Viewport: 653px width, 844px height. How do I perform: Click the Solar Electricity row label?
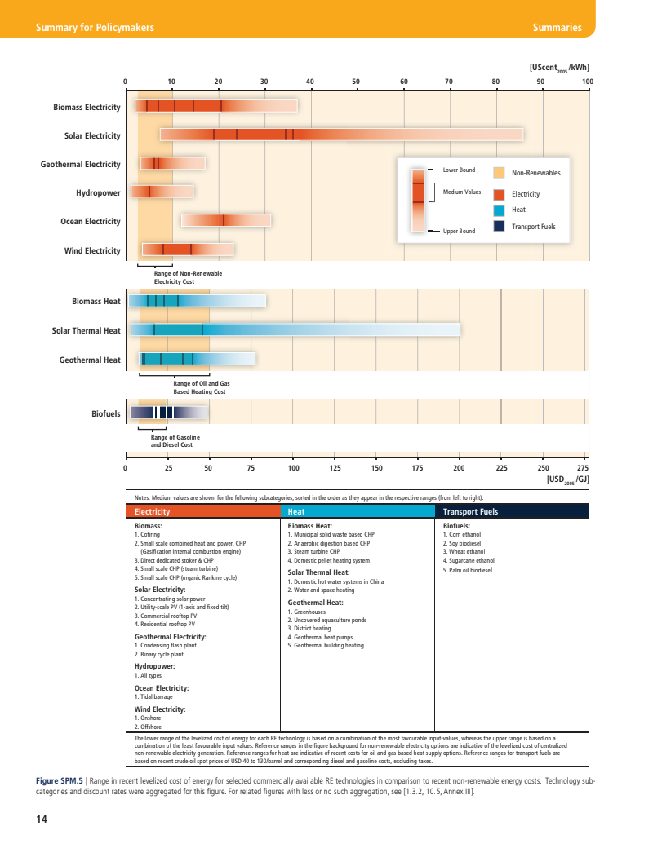(x=92, y=136)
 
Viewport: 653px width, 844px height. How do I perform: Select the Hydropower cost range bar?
(x=163, y=192)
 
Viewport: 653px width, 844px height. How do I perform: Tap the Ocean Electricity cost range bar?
(x=226, y=220)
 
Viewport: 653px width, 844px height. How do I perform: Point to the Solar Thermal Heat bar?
(x=295, y=329)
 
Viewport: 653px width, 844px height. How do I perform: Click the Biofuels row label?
(x=106, y=414)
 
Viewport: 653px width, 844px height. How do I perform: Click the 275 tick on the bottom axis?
(x=582, y=469)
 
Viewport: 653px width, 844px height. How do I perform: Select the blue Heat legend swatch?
(x=500, y=210)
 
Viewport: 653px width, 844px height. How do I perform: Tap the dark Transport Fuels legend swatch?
(x=500, y=226)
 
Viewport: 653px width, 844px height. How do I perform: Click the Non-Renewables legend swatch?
(x=500, y=173)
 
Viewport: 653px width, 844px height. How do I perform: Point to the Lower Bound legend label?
(x=459, y=170)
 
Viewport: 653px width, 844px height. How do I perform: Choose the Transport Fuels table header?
(x=511, y=511)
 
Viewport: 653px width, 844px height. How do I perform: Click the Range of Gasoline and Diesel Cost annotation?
(x=175, y=441)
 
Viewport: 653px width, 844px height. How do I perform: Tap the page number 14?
(x=42, y=819)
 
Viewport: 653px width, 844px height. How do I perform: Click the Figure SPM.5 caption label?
(x=60, y=781)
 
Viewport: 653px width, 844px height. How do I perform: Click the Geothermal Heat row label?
(x=90, y=360)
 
